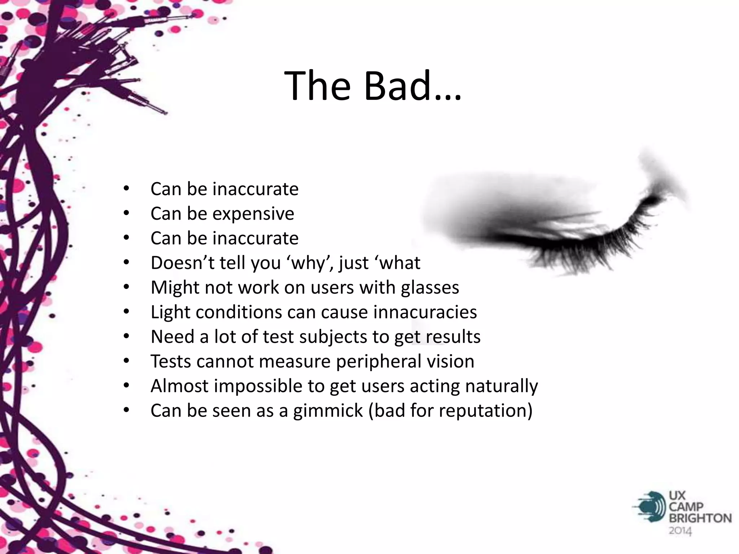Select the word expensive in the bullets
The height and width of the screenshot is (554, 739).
253,214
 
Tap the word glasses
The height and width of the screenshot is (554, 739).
430,287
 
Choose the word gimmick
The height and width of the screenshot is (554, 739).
328,411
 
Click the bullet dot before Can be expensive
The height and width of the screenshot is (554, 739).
126,214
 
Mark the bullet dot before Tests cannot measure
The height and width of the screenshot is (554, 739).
126,361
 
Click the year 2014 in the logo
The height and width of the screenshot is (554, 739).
680,531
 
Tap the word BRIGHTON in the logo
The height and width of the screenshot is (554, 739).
700,518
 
